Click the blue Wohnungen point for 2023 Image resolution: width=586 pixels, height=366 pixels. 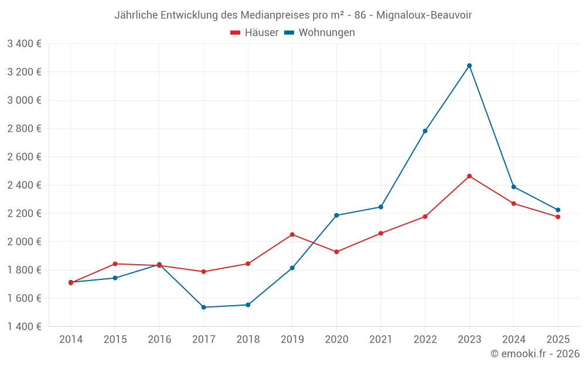coord(469,66)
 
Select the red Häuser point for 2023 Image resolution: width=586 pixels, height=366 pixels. coord(469,176)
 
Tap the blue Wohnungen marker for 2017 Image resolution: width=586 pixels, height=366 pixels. coord(203,307)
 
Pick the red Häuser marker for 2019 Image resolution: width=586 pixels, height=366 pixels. coord(292,235)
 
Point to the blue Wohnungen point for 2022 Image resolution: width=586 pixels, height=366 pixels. coord(425,131)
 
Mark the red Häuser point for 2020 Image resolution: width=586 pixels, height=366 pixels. coord(336,252)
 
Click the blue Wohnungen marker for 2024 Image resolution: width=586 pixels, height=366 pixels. coord(514,187)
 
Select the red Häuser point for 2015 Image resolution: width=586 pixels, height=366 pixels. coord(115,264)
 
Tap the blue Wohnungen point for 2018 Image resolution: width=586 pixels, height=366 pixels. coord(248,305)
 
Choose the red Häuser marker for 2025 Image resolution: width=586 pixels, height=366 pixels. coord(558,217)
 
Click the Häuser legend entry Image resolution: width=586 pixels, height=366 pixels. coord(254,33)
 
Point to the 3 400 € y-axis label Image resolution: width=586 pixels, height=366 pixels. coord(24,43)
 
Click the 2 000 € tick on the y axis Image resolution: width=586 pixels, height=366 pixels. coord(24,242)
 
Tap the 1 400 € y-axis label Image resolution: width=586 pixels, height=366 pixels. coord(24,327)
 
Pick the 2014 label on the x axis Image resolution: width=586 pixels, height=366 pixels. coord(71,340)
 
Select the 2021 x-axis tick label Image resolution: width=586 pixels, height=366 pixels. coord(381,340)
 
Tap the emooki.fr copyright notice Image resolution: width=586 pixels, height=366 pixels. coord(534,354)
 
